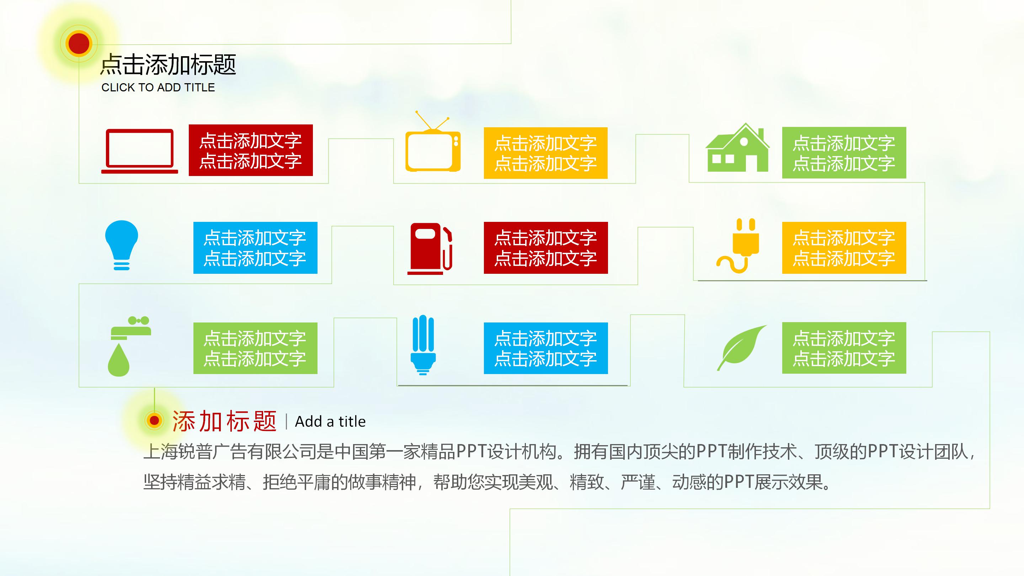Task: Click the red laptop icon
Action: tap(139, 151)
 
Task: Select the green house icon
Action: tap(738, 149)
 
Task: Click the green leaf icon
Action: tap(742, 347)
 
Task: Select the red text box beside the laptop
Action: tap(250, 150)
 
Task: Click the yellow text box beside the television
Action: tap(545, 153)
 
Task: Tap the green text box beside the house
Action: tap(844, 153)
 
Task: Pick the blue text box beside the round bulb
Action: tap(255, 248)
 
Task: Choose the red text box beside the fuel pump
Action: tap(545, 248)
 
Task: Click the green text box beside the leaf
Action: tap(844, 348)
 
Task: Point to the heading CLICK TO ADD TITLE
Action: tap(158, 87)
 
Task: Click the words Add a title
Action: tap(330, 421)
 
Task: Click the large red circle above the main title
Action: tap(79, 43)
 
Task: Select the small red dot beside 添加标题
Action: tap(154, 420)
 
